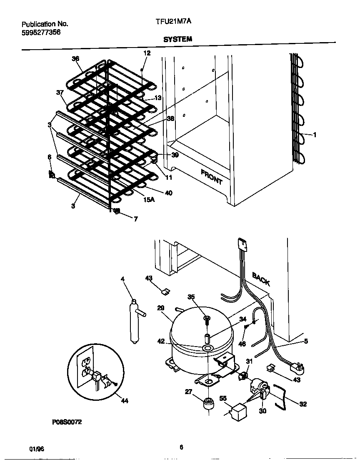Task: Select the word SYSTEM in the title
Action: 177,39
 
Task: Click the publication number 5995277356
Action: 41,32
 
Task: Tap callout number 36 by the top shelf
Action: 75,59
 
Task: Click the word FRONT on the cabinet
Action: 212,177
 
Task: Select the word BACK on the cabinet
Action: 261,278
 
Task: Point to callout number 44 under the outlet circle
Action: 124,401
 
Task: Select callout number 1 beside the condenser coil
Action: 315,135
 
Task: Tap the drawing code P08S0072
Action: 67,422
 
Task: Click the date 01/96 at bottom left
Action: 37,449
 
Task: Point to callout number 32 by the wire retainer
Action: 303,404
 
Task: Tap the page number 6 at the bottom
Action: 181,447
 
